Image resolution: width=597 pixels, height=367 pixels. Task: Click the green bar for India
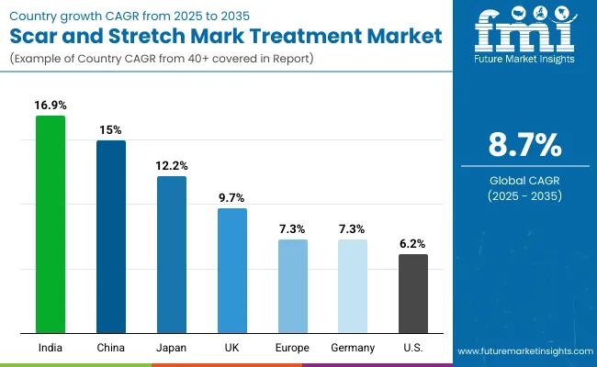[x=51, y=225]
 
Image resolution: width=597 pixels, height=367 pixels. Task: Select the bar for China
[x=111, y=237]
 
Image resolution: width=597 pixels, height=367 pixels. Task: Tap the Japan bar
[x=172, y=254]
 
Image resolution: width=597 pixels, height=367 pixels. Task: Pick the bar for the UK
[x=232, y=271]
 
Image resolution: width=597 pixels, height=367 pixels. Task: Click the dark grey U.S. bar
[x=413, y=294]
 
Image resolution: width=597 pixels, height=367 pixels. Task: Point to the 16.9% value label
[x=51, y=106]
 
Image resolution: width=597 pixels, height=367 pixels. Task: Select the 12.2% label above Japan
[x=172, y=166]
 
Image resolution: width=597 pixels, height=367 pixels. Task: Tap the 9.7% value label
[x=232, y=198]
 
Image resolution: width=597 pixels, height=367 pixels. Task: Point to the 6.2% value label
[x=413, y=244]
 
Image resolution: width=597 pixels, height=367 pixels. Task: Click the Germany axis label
[x=353, y=348]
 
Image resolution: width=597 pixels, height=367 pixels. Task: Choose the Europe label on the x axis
[x=293, y=348]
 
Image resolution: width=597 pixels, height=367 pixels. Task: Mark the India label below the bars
[x=51, y=348]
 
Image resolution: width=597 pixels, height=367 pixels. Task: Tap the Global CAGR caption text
[x=524, y=181]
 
